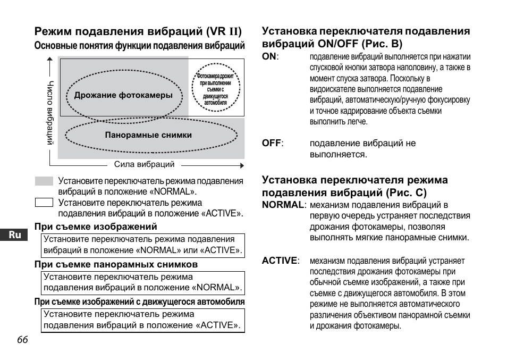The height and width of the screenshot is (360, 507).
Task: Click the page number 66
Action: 22,340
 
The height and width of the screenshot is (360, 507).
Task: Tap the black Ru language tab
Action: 15,235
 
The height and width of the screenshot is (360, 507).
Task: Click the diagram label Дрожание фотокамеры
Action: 123,96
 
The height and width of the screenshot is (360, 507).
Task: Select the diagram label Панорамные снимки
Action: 148,135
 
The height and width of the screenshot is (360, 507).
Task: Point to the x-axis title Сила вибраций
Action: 144,165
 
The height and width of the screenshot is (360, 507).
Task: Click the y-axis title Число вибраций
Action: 50,113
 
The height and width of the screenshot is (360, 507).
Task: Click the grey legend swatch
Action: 44,181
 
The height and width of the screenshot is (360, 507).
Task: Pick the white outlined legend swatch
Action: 44,202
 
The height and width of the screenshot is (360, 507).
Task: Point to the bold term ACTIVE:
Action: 281,261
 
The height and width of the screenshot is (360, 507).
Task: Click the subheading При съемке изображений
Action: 96,227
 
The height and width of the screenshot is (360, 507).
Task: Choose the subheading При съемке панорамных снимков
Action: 116,264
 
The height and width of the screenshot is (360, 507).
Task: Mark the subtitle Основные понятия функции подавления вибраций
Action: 139,46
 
